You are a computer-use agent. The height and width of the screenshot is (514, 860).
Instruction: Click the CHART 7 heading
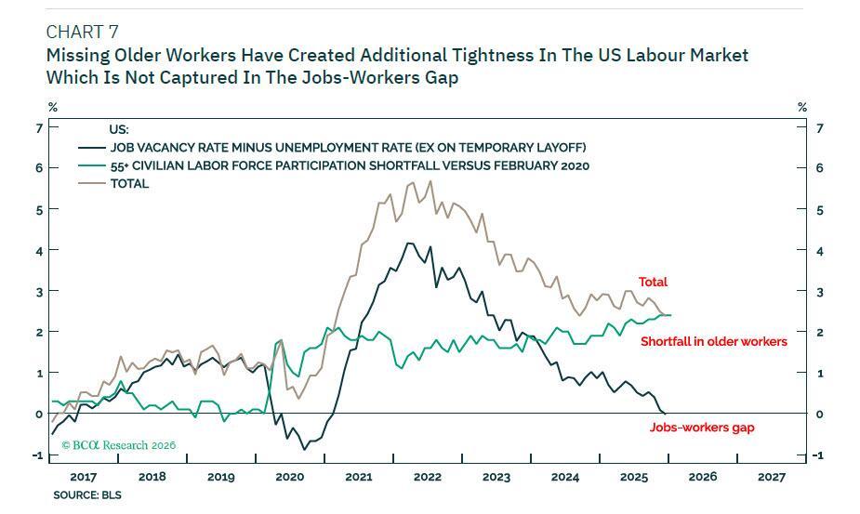(82, 33)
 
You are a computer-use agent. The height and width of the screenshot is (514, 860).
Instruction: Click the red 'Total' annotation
(653, 282)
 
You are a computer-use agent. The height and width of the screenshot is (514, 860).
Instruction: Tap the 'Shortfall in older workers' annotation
(713, 341)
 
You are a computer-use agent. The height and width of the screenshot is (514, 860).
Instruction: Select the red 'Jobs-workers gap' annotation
(701, 428)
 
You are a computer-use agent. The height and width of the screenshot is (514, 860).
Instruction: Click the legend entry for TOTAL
(129, 184)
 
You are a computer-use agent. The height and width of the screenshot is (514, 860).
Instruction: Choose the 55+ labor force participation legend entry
(350, 165)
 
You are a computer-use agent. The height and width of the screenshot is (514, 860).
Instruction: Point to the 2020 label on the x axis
(289, 477)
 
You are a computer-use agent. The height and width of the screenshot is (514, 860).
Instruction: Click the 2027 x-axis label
(771, 477)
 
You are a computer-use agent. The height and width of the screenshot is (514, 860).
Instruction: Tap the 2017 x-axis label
(83, 477)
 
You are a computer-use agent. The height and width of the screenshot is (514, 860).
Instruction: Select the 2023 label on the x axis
(496, 477)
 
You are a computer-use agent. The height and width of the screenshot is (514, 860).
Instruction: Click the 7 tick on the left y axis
(39, 127)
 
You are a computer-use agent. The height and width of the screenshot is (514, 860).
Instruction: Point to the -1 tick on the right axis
(817, 455)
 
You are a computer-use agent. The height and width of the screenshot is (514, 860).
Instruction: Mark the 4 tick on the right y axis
(818, 250)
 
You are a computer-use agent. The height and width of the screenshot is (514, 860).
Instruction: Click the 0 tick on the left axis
(39, 414)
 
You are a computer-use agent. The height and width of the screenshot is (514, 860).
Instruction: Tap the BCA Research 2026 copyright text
(118, 445)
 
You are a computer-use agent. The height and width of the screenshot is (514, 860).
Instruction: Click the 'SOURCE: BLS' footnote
(87, 495)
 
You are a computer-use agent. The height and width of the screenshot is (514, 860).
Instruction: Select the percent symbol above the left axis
(52, 108)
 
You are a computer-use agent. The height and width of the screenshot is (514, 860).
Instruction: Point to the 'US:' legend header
(119, 130)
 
